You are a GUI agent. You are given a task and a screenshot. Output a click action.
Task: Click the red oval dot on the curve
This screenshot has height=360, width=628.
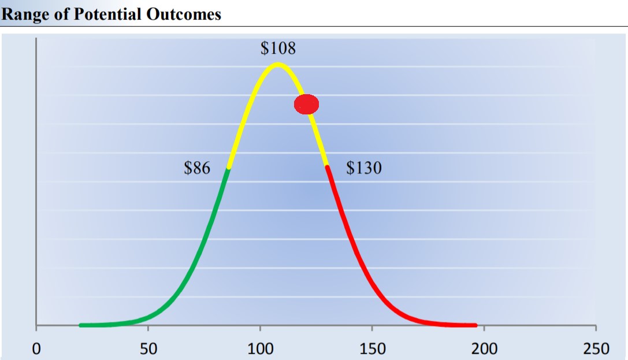tap(306, 104)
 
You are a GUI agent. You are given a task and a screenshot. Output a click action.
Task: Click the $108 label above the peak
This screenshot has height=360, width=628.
tap(278, 48)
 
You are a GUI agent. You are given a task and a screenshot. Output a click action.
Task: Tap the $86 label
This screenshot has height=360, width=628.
tap(197, 169)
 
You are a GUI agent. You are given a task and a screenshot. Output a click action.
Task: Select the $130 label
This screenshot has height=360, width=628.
tap(364, 169)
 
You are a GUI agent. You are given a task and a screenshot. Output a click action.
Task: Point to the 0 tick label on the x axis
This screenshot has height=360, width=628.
tap(36, 349)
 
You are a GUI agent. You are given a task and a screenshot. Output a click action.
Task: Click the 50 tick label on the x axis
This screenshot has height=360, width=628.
tap(148, 349)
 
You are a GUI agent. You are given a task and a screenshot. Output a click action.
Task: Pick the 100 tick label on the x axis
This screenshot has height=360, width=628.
tap(260, 349)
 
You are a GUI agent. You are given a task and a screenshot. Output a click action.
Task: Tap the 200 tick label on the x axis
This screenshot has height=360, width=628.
tap(484, 349)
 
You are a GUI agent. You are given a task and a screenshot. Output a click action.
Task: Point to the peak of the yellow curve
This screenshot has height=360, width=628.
tap(278, 64)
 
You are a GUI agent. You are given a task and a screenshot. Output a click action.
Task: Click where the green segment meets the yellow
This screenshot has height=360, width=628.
tap(229, 168)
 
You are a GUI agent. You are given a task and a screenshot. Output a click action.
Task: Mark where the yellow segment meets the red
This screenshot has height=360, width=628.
tap(327, 166)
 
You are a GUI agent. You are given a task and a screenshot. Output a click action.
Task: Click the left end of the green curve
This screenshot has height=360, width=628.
tap(81, 325)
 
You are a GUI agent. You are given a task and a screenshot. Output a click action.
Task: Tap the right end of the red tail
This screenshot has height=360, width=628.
tap(475, 325)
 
